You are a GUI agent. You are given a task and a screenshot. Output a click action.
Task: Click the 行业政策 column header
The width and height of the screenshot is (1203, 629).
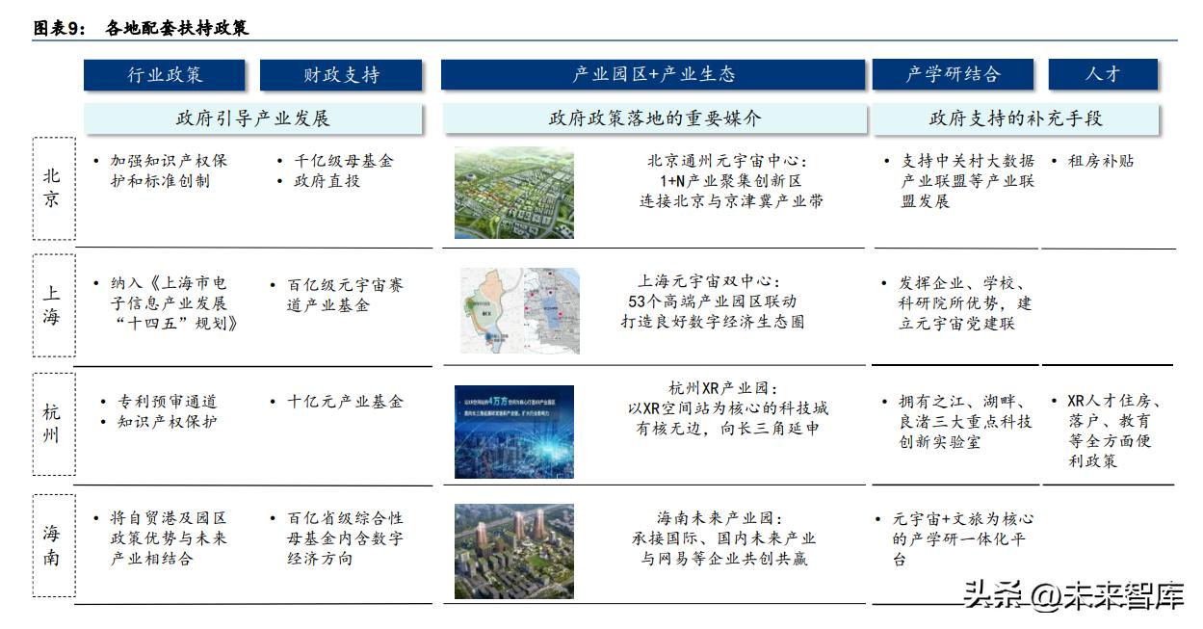pos(165,75)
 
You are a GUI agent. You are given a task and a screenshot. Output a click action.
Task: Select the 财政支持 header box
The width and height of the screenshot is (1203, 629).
pos(341,75)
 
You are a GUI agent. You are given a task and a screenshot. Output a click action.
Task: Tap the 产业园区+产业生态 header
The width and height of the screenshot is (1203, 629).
pos(653,75)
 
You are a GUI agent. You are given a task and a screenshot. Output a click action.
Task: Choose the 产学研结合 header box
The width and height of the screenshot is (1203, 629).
pos(953,75)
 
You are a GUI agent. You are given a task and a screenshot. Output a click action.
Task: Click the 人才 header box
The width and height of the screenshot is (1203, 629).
pos(1102,75)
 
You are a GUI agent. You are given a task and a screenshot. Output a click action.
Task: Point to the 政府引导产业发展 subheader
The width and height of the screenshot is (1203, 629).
pos(252,118)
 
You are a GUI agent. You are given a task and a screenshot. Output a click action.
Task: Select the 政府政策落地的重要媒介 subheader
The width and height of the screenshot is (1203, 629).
pos(654,118)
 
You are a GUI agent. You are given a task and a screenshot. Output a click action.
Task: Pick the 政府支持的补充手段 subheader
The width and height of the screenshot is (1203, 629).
pos(1015,118)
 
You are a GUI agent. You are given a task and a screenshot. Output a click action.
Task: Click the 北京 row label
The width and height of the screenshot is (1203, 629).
pos(53,188)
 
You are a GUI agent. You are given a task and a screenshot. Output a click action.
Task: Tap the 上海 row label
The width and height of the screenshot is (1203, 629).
pos(53,305)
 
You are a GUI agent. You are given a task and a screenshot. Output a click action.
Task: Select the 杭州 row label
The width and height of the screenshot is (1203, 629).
pos(53,424)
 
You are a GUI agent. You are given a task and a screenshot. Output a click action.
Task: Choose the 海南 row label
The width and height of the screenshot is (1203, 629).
pos(53,544)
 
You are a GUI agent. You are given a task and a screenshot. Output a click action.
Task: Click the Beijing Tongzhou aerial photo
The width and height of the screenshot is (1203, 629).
pos(513,193)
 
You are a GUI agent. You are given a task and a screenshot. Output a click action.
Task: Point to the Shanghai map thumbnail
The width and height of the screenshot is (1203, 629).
pos(519,311)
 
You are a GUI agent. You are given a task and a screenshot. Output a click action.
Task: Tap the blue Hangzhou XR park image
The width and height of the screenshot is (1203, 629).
pos(513,432)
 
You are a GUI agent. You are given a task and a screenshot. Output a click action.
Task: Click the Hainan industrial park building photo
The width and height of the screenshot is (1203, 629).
pos(513,551)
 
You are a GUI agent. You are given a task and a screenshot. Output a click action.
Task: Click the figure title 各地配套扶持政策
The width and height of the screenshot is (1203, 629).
pos(177,28)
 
